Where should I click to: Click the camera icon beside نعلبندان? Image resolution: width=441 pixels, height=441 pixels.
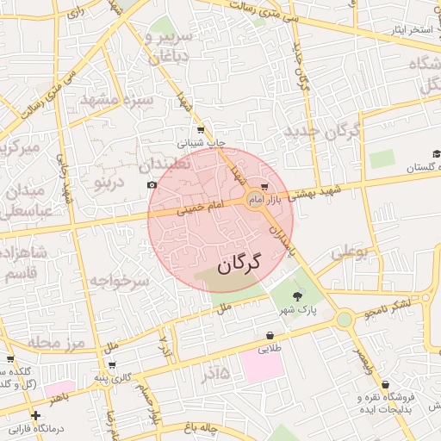(x=152, y=185)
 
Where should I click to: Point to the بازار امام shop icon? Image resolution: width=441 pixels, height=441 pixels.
(x=264, y=185)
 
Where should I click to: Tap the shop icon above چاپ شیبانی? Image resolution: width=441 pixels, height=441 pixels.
(x=201, y=129)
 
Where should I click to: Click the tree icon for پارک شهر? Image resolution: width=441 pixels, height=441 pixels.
(x=298, y=295)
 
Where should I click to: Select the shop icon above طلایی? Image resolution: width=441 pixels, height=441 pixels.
(x=270, y=336)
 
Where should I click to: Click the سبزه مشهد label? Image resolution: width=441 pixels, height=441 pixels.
(x=115, y=101)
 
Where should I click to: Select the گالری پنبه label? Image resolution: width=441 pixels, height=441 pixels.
(x=113, y=377)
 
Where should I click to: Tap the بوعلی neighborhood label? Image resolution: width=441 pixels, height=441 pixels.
(x=350, y=252)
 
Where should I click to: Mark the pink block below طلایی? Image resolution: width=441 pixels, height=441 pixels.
(x=263, y=366)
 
